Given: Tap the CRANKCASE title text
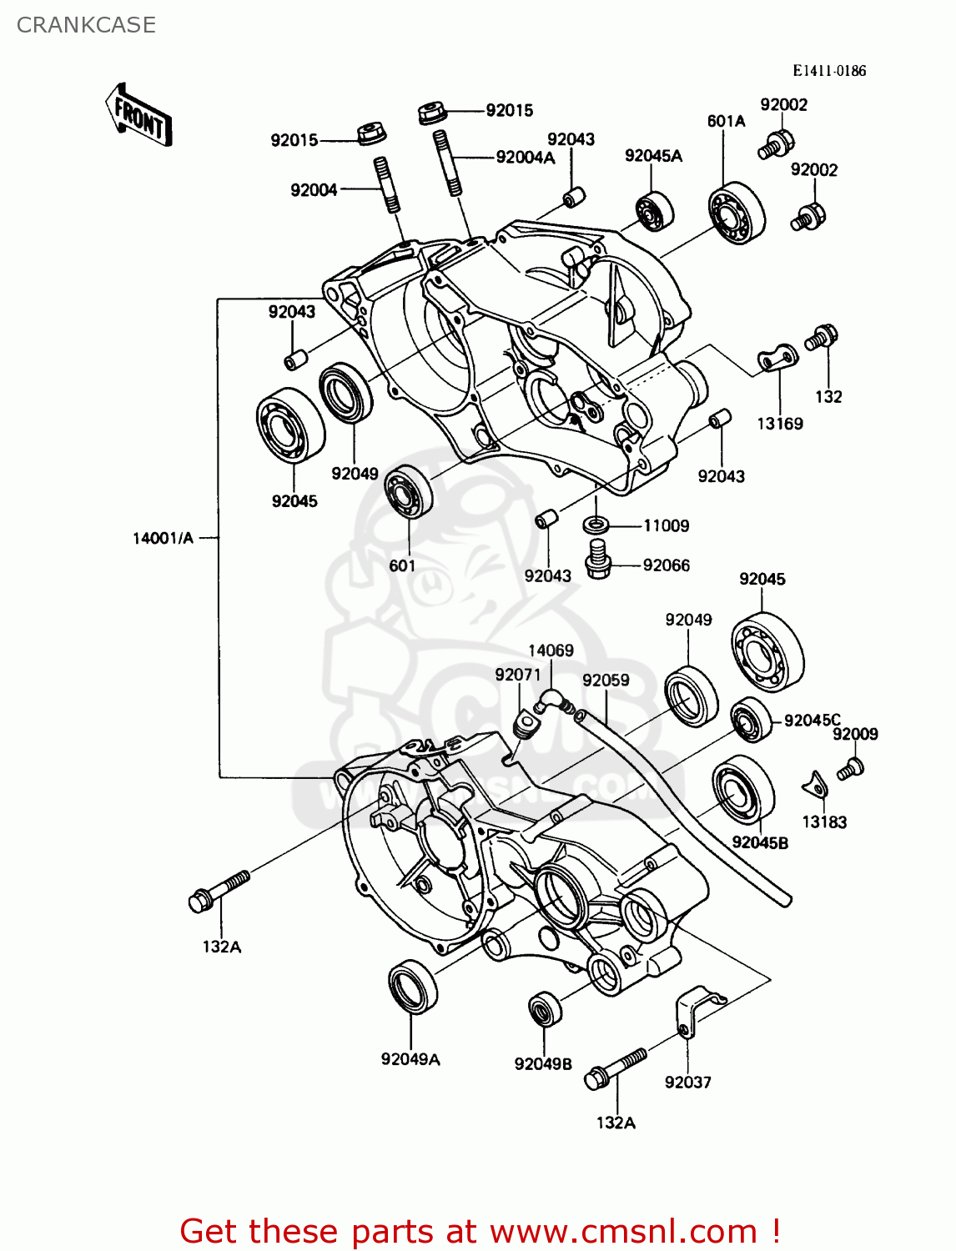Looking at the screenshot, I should [86, 25].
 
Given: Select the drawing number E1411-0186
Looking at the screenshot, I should [828, 71].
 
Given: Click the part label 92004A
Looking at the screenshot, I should [525, 158].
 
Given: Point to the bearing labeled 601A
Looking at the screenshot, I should [736, 212].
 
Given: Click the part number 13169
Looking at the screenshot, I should [779, 424].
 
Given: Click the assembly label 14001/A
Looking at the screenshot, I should [163, 538].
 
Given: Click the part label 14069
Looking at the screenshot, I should [551, 651].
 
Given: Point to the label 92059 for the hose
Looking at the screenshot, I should [606, 681].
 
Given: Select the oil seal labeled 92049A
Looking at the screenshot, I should [412, 987].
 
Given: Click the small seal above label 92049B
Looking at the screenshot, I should [545, 1010].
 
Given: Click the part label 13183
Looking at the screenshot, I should [824, 822].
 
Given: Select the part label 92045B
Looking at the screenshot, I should [759, 843].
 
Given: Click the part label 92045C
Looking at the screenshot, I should [812, 721].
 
